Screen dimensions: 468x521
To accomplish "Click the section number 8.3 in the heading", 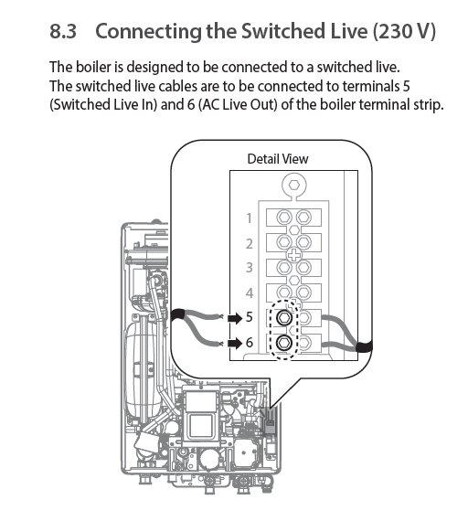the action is click(63, 31).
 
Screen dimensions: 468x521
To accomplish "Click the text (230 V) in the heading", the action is click(404, 31).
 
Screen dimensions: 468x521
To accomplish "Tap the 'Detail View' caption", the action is click(278, 159).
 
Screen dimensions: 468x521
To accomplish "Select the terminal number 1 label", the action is click(249, 218).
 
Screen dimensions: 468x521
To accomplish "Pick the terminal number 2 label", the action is click(250, 243).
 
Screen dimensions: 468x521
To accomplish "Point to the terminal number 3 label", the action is click(250, 267).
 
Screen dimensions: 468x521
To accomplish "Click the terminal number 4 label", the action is click(250, 292).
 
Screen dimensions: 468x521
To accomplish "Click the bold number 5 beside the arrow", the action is click(250, 317).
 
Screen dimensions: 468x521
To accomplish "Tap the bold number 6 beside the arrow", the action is click(250, 342).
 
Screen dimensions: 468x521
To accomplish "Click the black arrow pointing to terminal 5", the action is click(235, 319).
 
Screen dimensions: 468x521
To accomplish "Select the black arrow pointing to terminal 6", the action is click(235, 344).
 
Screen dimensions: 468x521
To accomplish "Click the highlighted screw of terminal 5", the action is click(284, 318).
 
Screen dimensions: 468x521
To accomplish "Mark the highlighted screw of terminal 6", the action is click(284, 343).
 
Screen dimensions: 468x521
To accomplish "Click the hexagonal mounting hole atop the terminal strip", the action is click(293, 185).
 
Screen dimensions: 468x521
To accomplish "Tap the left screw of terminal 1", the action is click(284, 218).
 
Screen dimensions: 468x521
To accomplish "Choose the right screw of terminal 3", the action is click(303, 267).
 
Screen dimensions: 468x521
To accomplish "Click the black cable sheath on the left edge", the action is click(177, 314).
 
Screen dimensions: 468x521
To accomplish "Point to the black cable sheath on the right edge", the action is click(364, 347).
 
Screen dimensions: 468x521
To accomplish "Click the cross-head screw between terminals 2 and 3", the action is click(293, 255).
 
